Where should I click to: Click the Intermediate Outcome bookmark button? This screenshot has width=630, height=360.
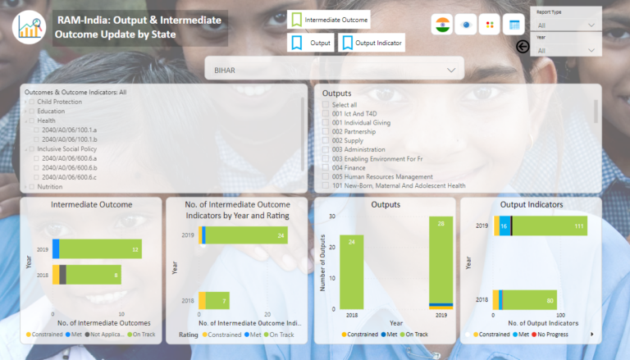pos(329,20)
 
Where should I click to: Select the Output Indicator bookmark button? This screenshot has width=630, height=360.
pos(372,43)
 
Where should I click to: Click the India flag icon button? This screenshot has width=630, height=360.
pos(443,25)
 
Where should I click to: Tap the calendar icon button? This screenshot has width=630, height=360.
pos(514,25)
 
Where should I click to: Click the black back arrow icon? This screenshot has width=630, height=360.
pos(523,47)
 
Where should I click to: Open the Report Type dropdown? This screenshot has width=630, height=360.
pos(566,25)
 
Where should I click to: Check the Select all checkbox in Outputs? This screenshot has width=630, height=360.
pos(326,104)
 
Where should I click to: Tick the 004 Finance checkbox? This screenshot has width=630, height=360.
pos(326,167)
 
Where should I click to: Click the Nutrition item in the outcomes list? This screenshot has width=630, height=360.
pos(49,186)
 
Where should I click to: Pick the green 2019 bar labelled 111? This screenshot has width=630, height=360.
pos(550,226)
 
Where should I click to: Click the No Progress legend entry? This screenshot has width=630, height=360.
pos(567,335)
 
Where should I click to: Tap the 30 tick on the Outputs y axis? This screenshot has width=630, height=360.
pos(332,216)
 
